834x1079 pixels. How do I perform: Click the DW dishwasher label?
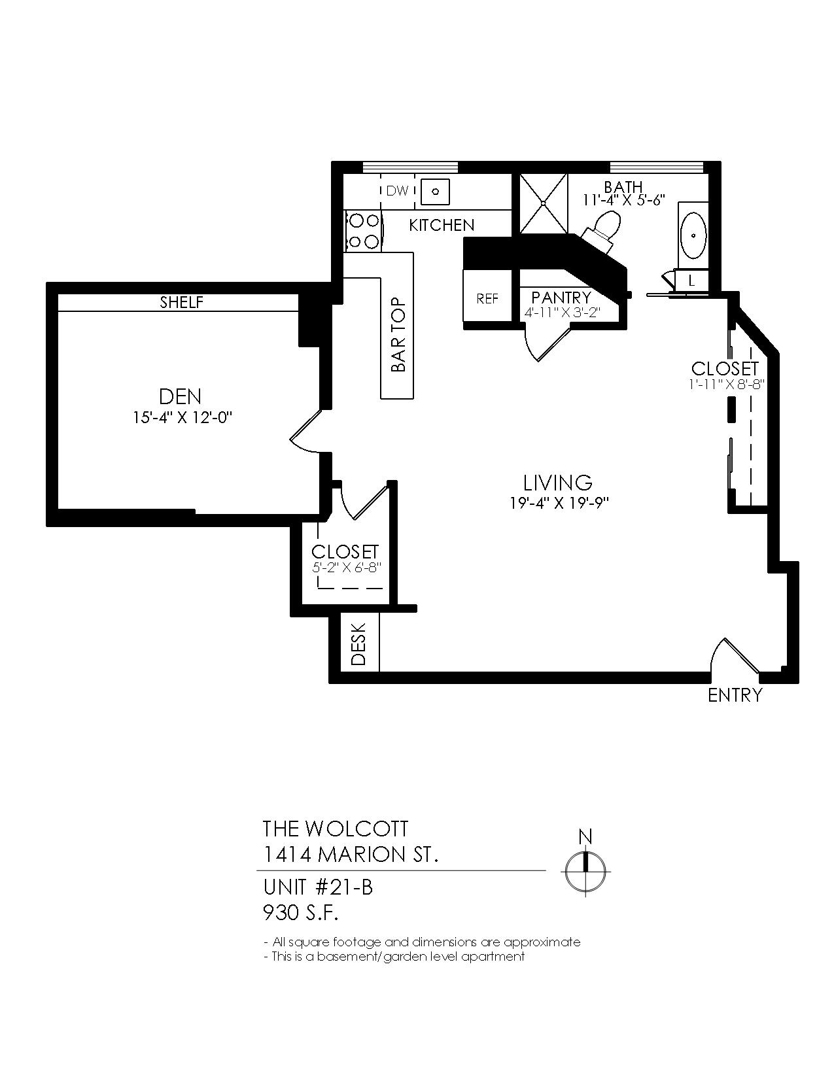click(x=396, y=191)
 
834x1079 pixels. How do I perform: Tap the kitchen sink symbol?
click(x=435, y=191)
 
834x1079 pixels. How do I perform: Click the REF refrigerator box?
click(x=487, y=298)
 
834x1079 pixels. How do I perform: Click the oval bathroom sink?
click(x=693, y=236)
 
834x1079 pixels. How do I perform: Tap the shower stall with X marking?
click(x=544, y=203)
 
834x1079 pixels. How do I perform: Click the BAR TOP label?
click(x=398, y=335)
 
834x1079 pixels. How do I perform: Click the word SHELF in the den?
click(x=182, y=302)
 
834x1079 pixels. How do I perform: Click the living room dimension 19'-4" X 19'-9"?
click(x=558, y=504)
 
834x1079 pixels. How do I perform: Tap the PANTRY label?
click(x=561, y=298)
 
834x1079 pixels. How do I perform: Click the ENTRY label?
click(x=735, y=694)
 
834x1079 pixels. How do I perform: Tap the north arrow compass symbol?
click(x=586, y=871)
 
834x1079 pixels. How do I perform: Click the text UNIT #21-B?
click(x=318, y=887)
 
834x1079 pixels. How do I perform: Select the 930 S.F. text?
click(x=301, y=912)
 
